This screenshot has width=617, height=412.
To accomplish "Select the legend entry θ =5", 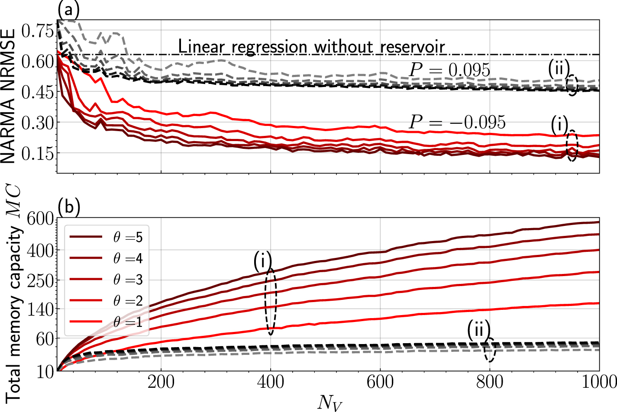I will [128, 237].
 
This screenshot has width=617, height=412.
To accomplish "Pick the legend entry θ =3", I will [128, 280].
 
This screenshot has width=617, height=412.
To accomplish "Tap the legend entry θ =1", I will [128, 322].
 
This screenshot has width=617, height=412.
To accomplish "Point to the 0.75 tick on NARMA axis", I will [37, 31].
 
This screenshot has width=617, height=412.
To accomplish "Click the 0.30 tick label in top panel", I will [37, 122].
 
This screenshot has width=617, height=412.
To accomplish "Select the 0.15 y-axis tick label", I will [37, 153].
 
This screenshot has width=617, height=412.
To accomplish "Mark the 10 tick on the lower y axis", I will [46, 371].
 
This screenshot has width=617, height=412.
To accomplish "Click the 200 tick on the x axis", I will [161, 382].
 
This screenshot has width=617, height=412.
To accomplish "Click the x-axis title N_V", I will [329, 402].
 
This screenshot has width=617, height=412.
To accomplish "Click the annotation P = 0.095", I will [449, 70].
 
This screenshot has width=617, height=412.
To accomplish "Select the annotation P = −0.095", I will [457, 122].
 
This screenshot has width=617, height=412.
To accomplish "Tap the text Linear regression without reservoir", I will [311, 46].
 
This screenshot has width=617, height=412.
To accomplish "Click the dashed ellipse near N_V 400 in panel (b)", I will [271, 301].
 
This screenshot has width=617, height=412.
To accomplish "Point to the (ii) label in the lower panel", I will [478, 330].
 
